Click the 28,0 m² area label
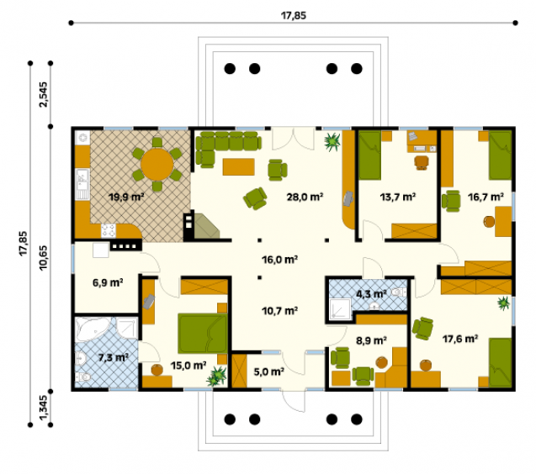305,197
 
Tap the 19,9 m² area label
126,197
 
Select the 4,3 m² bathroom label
371,293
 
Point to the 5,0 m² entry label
269,371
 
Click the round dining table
157,164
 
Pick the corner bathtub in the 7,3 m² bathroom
92,329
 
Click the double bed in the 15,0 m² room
202,334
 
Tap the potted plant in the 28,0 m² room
332,141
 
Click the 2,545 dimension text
44,95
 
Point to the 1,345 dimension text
44,408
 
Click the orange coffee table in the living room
239,167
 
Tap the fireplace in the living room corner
202,226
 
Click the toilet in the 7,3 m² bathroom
83,377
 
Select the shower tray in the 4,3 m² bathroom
340,309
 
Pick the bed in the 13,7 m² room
369,155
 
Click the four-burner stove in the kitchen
109,231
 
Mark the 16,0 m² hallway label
279,260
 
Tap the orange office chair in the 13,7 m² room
422,162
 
